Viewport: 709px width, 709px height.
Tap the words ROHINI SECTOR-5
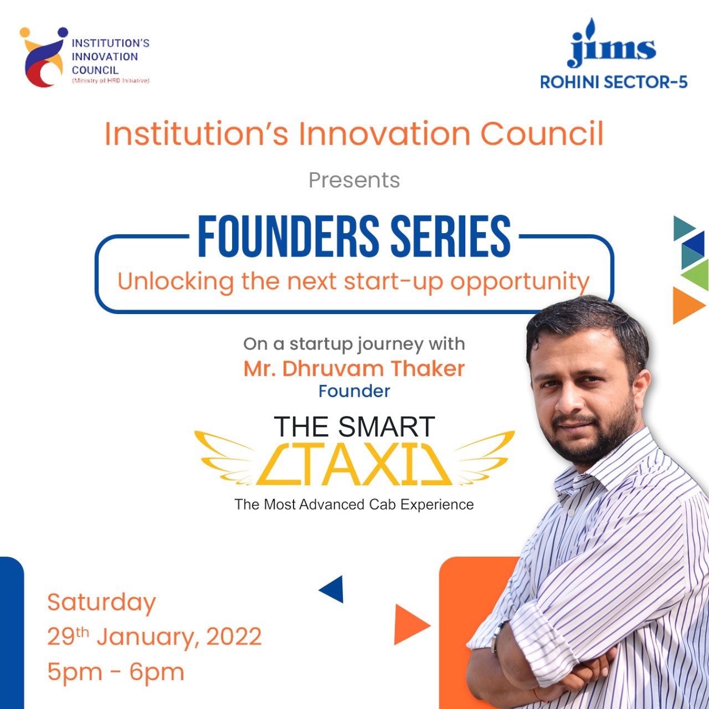(613, 82)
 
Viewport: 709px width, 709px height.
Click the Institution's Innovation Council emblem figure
(44, 57)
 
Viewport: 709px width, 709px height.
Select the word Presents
(354, 180)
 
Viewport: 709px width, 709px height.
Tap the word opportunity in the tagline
(520, 282)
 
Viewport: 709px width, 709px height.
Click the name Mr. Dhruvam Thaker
(354, 369)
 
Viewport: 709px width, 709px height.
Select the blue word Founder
(354, 391)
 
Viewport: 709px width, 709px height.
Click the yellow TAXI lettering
(354, 464)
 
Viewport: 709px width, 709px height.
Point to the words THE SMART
(354, 427)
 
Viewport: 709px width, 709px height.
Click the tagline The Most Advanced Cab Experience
(354, 505)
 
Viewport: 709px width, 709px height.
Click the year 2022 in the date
(234, 636)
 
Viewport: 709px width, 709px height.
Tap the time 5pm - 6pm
(116, 672)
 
